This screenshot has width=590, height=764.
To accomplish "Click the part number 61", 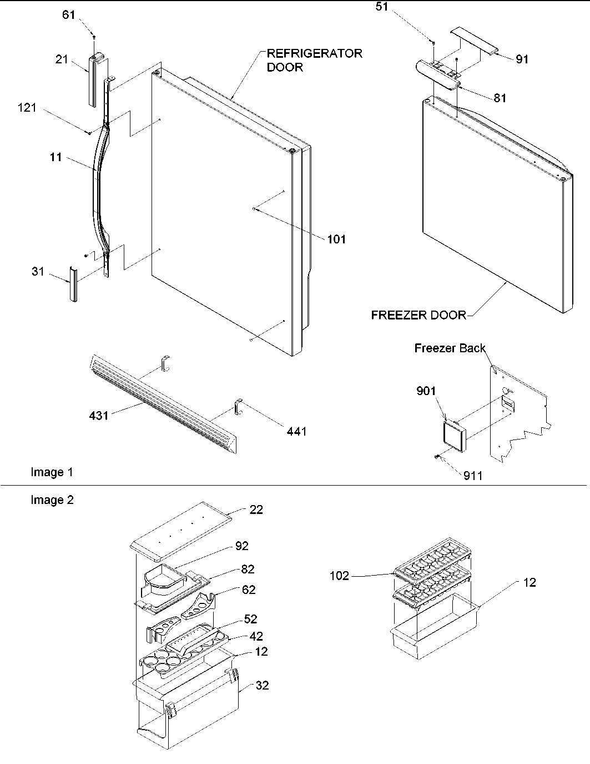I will click(68, 15).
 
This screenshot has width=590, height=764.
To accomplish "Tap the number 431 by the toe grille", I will click(99, 415).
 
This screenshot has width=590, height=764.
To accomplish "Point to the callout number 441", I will click(296, 431).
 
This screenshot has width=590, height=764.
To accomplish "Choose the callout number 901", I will click(426, 391).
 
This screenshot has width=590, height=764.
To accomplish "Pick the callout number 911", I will click(473, 476).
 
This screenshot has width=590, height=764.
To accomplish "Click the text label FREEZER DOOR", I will click(418, 316).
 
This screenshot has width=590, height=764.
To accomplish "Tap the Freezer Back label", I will click(450, 348).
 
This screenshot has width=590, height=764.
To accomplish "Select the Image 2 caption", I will click(52, 500).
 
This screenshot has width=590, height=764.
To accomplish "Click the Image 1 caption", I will click(52, 472).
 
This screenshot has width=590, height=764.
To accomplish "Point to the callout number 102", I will click(339, 576).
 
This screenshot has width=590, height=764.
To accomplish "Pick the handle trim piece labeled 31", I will click(72, 283).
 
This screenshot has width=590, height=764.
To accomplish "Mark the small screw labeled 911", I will click(437, 457).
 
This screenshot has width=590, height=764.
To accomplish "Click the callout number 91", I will click(522, 59).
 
